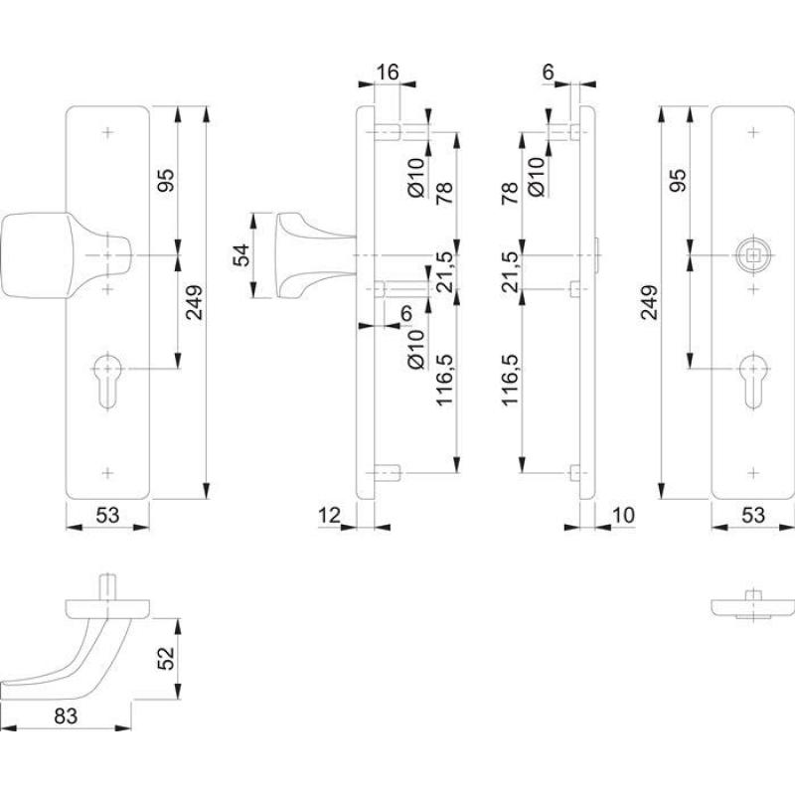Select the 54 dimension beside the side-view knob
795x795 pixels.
tap(240, 256)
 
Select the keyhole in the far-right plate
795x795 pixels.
tap(753, 379)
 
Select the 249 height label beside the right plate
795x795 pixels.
tap(647, 303)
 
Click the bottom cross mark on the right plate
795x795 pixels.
tap(753, 471)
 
